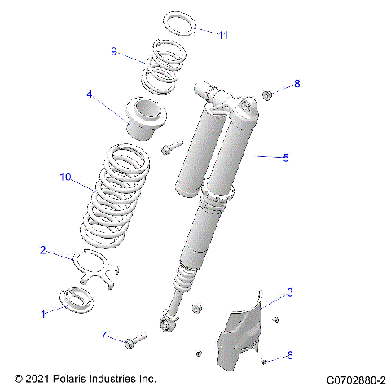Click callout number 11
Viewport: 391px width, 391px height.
pyautogui.click(x=224, y=35)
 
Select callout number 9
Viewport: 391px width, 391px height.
pyautogui.click(x=115, y=51)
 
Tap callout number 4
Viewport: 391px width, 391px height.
pyautogui.click(x=90, y=94)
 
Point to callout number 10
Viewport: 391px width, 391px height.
pyautogui.click(x=66, y=175)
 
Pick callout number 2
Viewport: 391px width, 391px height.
pyautogui.click(x=43, y=251)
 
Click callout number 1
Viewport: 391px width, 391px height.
pyautogui.click(x=43, y=313)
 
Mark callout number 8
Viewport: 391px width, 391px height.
pyautogui.click(x=297, y=84)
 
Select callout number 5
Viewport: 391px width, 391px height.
pyautogui.click(x=285, y=158)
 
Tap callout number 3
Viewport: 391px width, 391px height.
pyautogui.click(x=288, y=291)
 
